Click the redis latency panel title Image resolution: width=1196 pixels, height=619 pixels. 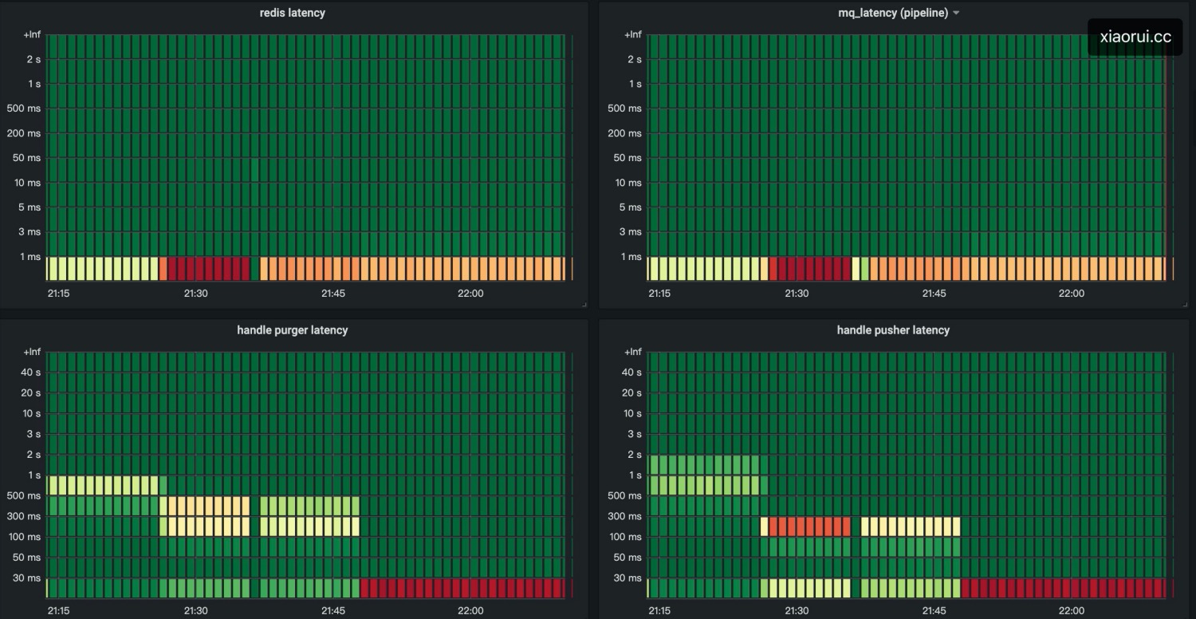click(292, 13)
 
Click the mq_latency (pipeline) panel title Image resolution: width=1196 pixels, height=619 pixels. click(893, 13)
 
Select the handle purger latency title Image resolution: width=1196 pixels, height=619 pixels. click(292, 329)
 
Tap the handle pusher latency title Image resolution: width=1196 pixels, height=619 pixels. click(893, 329)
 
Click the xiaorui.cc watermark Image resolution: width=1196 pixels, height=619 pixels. click(1135, 37)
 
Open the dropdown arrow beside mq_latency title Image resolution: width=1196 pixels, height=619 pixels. click(956, 14)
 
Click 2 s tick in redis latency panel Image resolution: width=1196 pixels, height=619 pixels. click(33, 59)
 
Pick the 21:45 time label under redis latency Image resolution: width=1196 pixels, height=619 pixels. click(333, 294)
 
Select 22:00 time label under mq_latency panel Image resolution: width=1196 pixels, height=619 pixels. click(1072, 294)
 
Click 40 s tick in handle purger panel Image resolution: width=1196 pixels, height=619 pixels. click(30, 372)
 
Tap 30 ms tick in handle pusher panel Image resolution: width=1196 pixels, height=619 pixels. click(628, 578)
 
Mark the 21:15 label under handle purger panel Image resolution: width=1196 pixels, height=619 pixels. click(58, 611)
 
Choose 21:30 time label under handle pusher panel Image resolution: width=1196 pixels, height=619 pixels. click(797, 611)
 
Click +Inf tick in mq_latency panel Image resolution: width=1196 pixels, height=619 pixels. click(632, 34)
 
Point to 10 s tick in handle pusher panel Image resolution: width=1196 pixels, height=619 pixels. click(631, 413)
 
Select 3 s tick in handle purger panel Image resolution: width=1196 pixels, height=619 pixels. click(33, 434)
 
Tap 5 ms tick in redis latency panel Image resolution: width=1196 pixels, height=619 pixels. click(30, 207)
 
